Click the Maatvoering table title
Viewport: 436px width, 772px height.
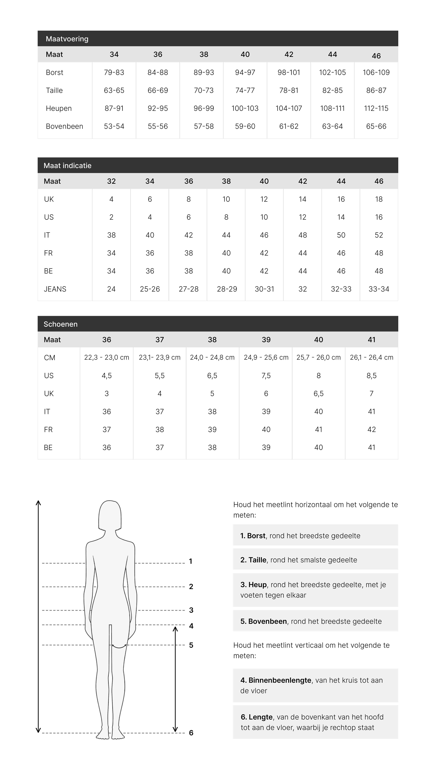(x=67, y=39)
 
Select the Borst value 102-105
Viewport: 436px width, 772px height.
(x=332, y=72)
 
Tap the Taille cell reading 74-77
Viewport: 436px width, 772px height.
(x=245, y=90)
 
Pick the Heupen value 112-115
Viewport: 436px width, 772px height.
(x=376, y=108)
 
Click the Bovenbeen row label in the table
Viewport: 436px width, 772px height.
(x=64, y=126)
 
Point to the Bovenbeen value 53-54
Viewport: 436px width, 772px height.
(x=114, y=126)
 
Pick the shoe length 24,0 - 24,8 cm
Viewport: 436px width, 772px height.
(x=212, y=357)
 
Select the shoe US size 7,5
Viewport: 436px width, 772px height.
(x=266, y=375)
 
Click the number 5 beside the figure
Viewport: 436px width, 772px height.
(x=191, y=645)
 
